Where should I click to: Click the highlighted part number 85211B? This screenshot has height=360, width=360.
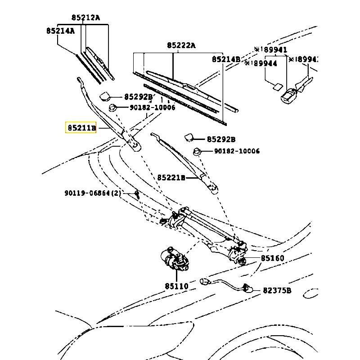[x=81, y=128]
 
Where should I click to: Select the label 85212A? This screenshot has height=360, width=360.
[x=85, y=18]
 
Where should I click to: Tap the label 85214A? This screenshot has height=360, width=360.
[x=60, y=31]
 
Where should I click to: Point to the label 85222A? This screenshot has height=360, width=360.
[x=181, y=45]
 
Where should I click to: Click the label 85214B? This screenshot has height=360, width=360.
[x=226, y=59]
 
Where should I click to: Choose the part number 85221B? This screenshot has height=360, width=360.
[x=171, y=178]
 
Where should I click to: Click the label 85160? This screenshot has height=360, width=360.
[x=272, y=259]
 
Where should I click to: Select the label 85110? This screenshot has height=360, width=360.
[x=176, y=286]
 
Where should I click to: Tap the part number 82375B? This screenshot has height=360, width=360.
[x=277, y=291]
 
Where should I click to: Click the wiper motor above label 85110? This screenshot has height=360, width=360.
[x=175, y=260]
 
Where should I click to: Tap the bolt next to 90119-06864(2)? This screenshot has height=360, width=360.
[x=137, y=195]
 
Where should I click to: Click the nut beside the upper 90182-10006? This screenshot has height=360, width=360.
[x=113, y=108]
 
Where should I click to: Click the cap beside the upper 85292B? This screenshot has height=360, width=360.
[x=107, y=95]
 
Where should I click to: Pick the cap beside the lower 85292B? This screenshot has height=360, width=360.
[x=189, y=137]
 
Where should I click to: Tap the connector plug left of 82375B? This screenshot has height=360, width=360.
[x=247, y=288]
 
